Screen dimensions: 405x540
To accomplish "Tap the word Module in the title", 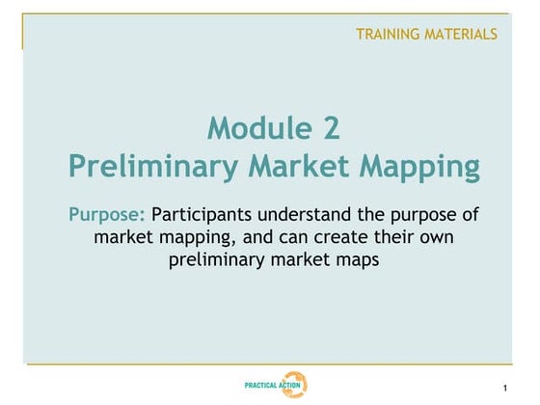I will (253, 127).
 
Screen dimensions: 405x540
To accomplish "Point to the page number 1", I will (505, 389).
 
